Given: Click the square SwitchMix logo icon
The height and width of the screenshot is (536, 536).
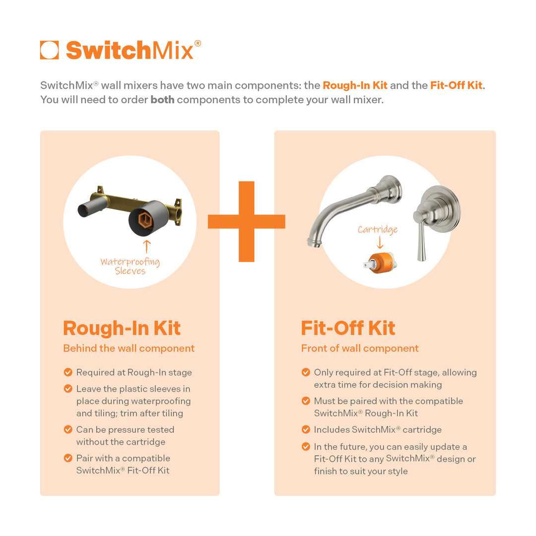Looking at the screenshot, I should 49,50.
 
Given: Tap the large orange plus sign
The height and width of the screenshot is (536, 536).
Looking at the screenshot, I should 247,221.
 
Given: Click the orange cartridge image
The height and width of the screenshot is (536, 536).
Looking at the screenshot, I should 380,264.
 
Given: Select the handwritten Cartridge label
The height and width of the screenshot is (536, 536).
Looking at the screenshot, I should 378,230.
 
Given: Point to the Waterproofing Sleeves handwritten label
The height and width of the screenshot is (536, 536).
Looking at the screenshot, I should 130,266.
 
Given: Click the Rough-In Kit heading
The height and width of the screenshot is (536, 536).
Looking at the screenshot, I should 122,328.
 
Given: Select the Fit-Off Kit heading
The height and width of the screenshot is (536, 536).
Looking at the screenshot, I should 348,328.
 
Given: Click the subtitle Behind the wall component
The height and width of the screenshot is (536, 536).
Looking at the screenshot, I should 129,348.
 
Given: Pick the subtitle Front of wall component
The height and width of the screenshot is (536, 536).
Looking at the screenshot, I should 359,348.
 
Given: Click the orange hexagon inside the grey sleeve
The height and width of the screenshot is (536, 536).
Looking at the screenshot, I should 144,219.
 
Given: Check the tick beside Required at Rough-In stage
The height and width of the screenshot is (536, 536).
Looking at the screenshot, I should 68,372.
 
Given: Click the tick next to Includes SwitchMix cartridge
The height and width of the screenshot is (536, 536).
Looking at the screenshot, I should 306,429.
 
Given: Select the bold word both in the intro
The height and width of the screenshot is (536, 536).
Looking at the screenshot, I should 162,99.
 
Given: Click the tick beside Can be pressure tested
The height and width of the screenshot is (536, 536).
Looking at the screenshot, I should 68,429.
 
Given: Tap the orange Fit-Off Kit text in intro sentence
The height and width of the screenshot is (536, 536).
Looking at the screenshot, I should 456,85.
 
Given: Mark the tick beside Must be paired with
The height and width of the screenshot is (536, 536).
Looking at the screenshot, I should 306,401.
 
